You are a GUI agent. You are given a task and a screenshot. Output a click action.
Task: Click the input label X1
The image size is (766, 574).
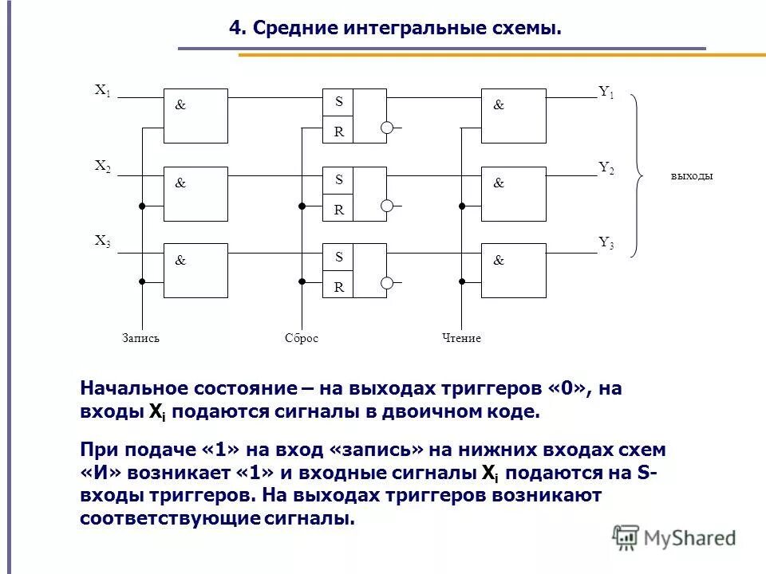103,90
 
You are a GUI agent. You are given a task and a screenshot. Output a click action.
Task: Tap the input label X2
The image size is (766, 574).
103,167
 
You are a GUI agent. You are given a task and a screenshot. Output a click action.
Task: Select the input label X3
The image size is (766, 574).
103,242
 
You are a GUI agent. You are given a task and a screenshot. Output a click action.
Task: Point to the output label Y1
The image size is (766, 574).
606,92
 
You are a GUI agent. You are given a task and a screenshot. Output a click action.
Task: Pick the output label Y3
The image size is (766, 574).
606,244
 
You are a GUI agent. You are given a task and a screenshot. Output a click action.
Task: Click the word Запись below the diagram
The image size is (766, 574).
141,338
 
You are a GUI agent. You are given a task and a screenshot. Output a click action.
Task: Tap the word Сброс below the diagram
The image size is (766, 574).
302,338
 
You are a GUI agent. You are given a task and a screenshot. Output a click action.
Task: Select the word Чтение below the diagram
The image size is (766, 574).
461,338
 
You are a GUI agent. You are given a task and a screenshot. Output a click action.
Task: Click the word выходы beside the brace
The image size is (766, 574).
691,176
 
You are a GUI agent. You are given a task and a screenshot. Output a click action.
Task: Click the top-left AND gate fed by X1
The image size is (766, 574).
195,116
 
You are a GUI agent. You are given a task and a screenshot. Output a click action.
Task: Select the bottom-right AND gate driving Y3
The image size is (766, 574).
515,270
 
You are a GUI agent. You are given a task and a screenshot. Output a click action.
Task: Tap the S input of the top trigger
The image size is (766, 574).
338,102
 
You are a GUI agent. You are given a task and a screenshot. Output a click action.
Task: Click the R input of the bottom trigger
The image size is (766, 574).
338,287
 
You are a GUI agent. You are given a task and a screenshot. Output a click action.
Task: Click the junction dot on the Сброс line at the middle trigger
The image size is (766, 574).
302,206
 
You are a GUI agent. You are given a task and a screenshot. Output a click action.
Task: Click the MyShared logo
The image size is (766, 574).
674,537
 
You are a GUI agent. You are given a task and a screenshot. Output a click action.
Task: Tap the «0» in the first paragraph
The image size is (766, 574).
567,388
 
